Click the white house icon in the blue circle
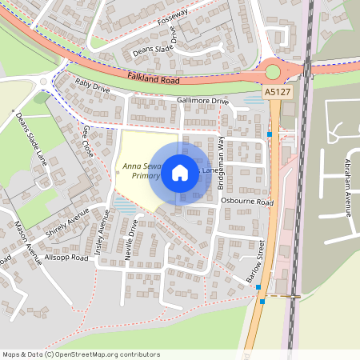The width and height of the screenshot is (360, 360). (180, 172)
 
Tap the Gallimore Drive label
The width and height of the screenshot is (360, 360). (202, 102)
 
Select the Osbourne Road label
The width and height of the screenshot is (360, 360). (247, 202)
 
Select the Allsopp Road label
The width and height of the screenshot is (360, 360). (66, 258)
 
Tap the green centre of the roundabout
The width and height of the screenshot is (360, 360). (273, 72)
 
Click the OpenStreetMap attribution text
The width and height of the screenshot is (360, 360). (80, 354)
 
